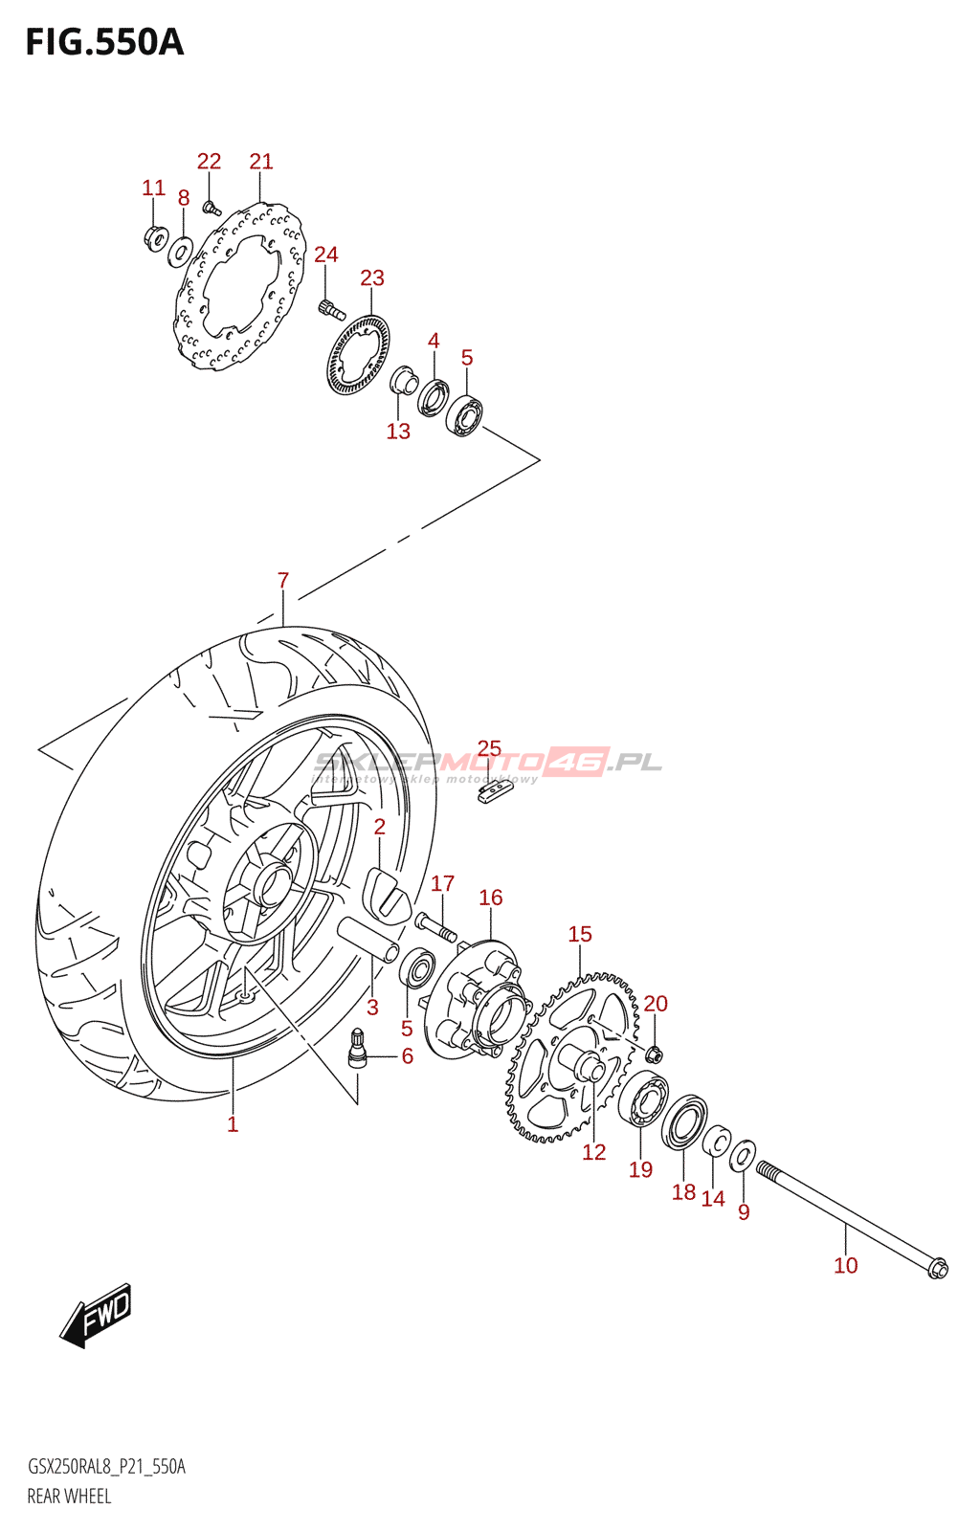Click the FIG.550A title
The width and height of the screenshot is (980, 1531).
pyautogui.click(x=104, y=43)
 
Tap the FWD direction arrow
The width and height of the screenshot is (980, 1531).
pyautogui.click(x=97, y=1315)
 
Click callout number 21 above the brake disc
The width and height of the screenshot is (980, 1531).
pyautogui.click(x=261, y=162)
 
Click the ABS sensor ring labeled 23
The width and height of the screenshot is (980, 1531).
pyautogui.click(x=359, y=354)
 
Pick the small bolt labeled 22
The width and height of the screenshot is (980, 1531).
pyautogui.click(x=212, y=206)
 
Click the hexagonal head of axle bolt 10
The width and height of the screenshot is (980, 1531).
pyautogui.click(x=937, y=1269)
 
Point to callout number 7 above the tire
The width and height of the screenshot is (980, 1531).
pyautogui.click(x=283, y=580)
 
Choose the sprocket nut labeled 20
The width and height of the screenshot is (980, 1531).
pyautogui.click(x=654, y=1054)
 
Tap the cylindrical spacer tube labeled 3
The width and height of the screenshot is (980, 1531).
pyautogui.click(x=369, y=940)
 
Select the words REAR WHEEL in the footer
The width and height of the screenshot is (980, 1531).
pyautogui.click(x=69, y=1496)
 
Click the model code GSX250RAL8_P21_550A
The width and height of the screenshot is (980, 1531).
pyautogui.click(x=106, y=1467)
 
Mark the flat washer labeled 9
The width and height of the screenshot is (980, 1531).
pyautogui.click(x=743, y=1157)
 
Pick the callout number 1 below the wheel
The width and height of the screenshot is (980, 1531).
pyautogui.click(x=233, y=1124)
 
